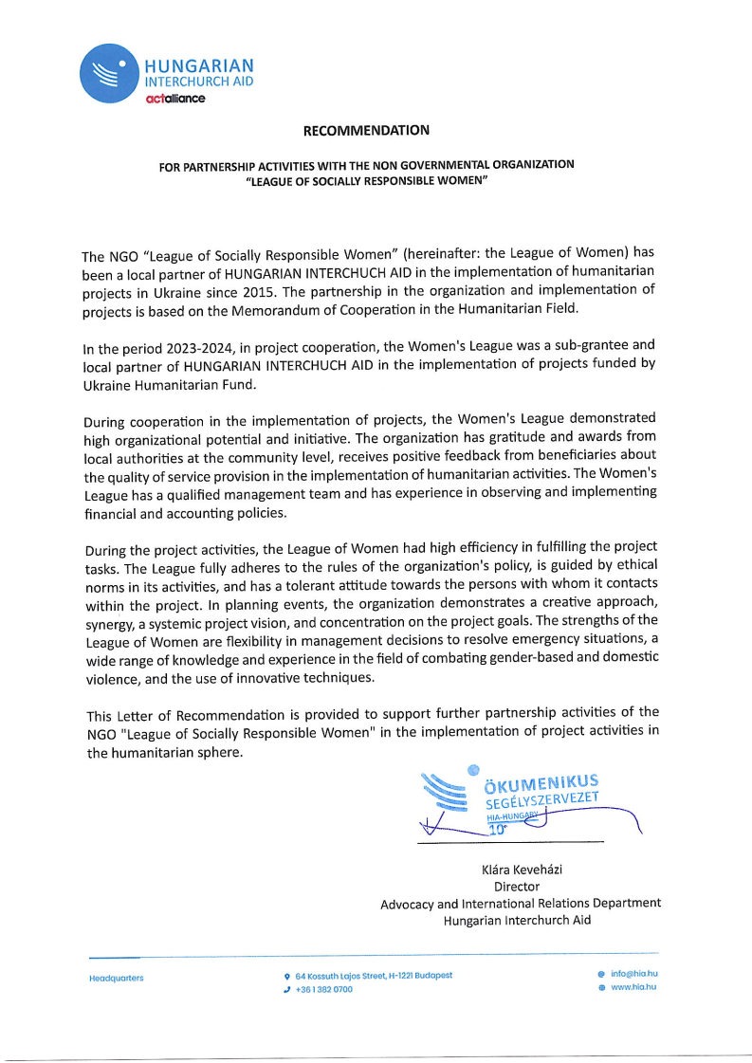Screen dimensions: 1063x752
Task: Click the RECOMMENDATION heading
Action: pyautogui.click(x=366, y=130)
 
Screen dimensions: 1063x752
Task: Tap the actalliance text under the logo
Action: pyautogui.click(x=174, y=99)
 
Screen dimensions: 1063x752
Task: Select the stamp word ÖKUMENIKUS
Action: pyautogui.click(x=541, y=783)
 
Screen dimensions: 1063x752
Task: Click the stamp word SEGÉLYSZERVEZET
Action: pyautogui.click(x=544, y=801)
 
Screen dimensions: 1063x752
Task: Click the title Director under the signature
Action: pyautogui.click(x=516, y=887)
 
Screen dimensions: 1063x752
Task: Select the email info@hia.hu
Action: pyautogui.click(x=633, y=973)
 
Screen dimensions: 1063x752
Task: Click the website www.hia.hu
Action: pyautogui.click(x=633, y=987)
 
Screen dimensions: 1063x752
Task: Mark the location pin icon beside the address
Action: pyautogui.click(x=286, y=976)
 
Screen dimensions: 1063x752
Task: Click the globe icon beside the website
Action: pyautogui.click(x=601, y=988)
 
